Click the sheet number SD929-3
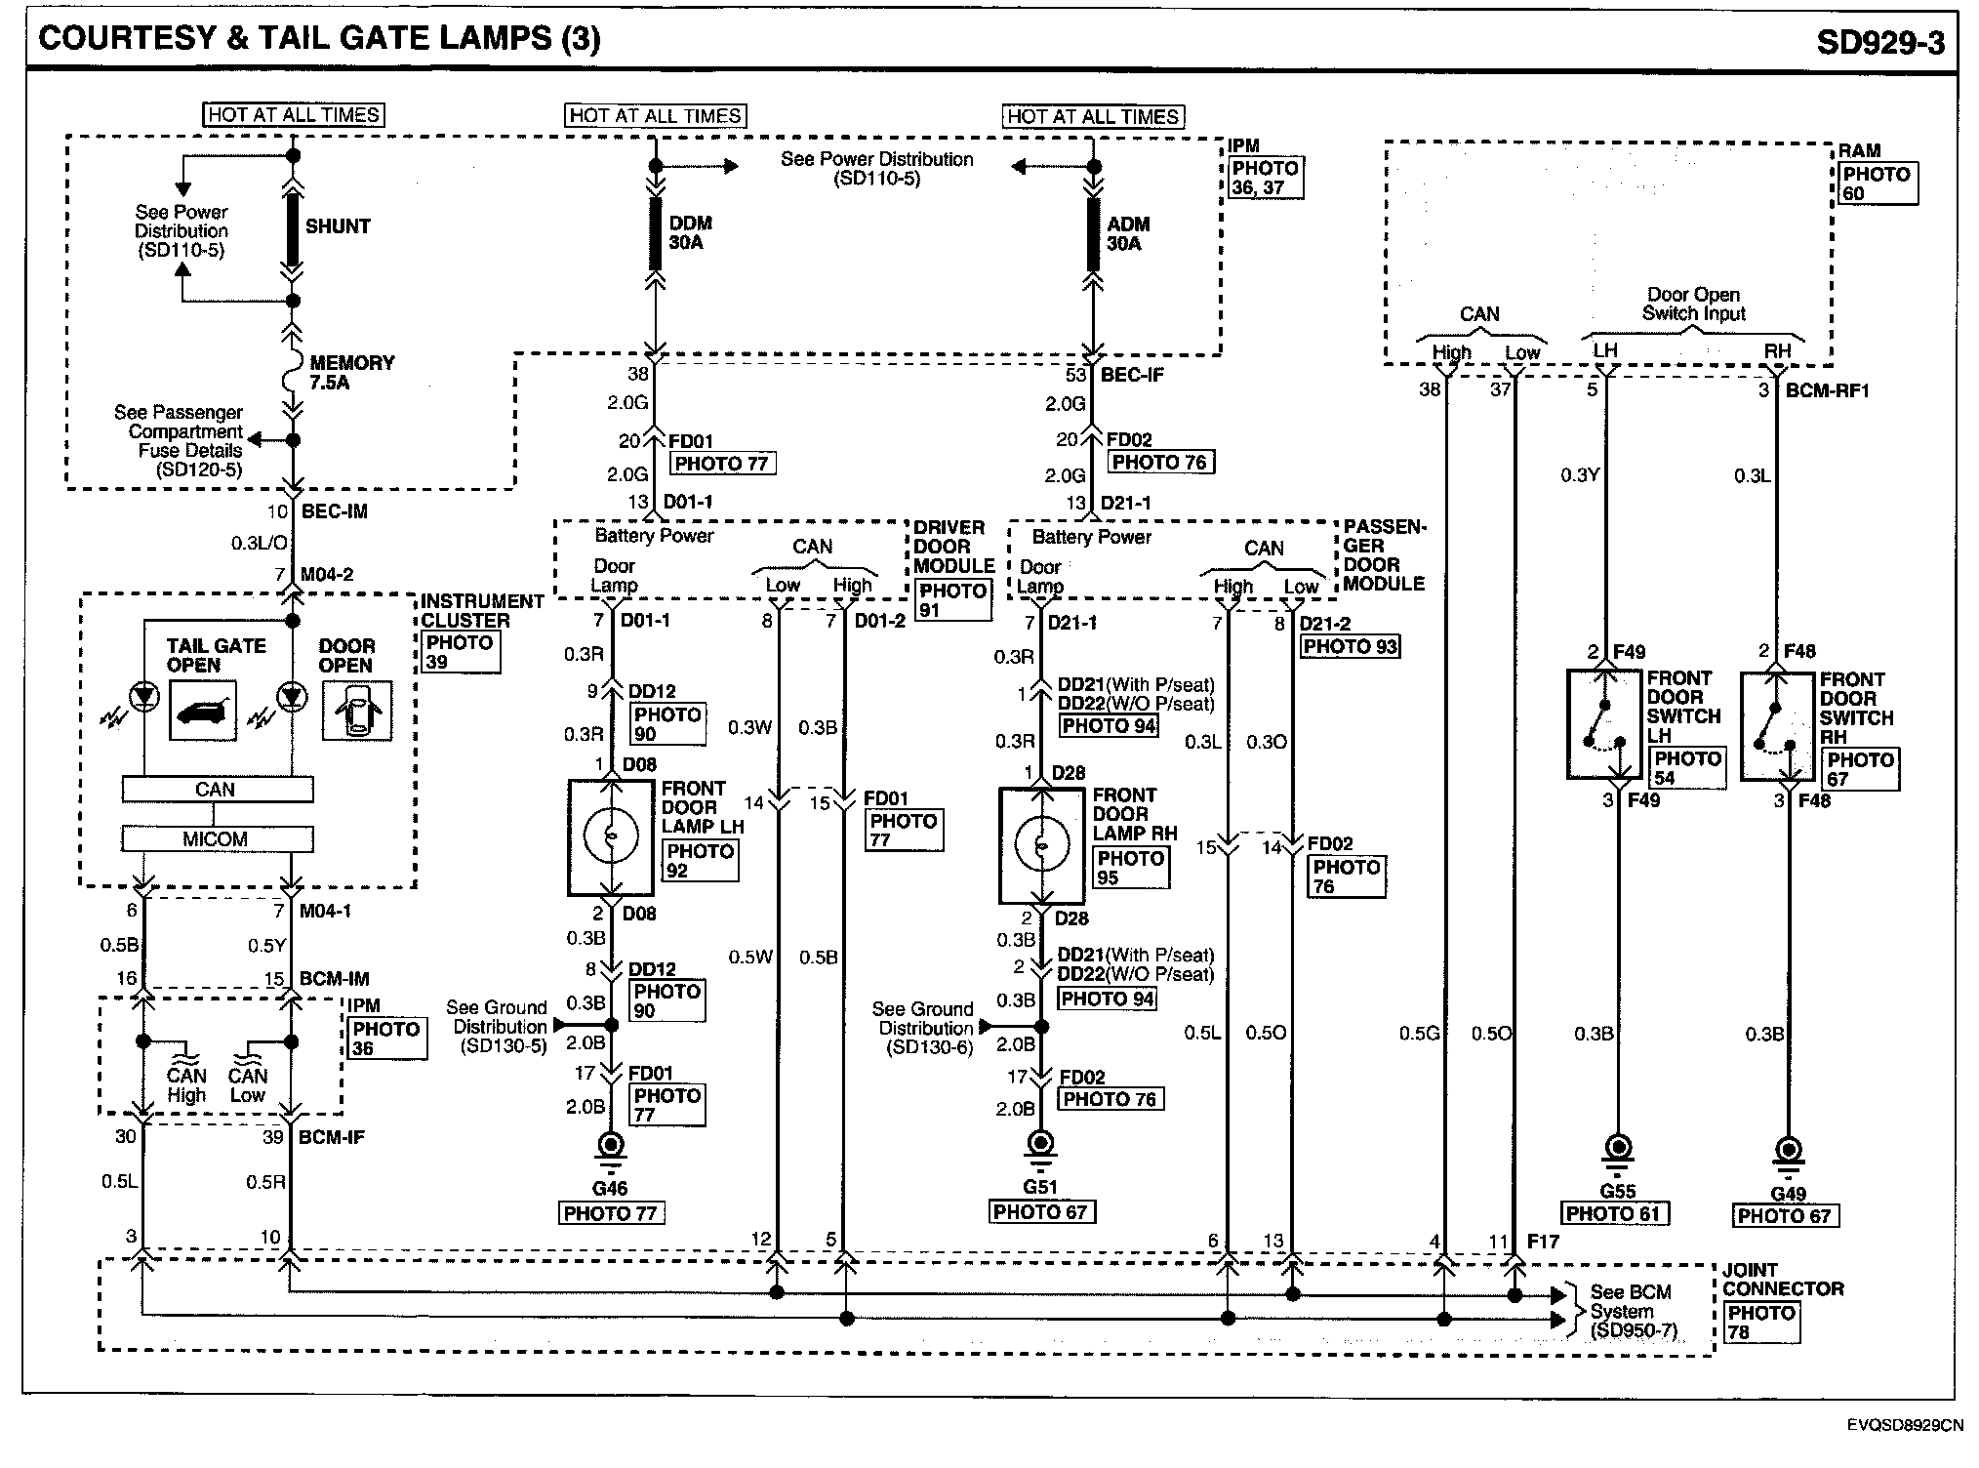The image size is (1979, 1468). pyautogui.click(x=1879, y=43)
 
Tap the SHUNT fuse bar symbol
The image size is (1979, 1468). pyautogui.click(x=293, y=227)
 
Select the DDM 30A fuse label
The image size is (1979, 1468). pyautogui.click(x=690, y=233)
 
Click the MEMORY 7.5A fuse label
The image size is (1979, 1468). pyautogui.click(x=351, y=372)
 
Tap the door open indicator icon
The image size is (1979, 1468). pyautogui.click(x=356, y=711)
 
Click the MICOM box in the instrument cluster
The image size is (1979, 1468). pyautogui.click(x=217, y=839)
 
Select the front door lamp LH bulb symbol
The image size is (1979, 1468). pyautogui.click(x=610, y=836)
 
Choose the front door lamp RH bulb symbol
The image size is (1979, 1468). pyautogui.click(x=1041, y=844)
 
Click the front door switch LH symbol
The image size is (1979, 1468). pyautogui.click(x=1603, y=724)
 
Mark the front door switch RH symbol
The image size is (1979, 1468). pyautogui.click(x=1774, y=725)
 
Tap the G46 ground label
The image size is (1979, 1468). pyautogui.click(x=610, y=1188)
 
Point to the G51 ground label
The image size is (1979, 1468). pyautogui.click(x=1040, y=1187)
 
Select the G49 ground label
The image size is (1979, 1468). pyautogui.click(x=1788, y=1193)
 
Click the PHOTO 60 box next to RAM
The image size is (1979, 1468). pyautogui.click(x=1876, y=183)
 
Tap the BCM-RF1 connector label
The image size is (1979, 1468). pyautogui.click(x=1827, y=390)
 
